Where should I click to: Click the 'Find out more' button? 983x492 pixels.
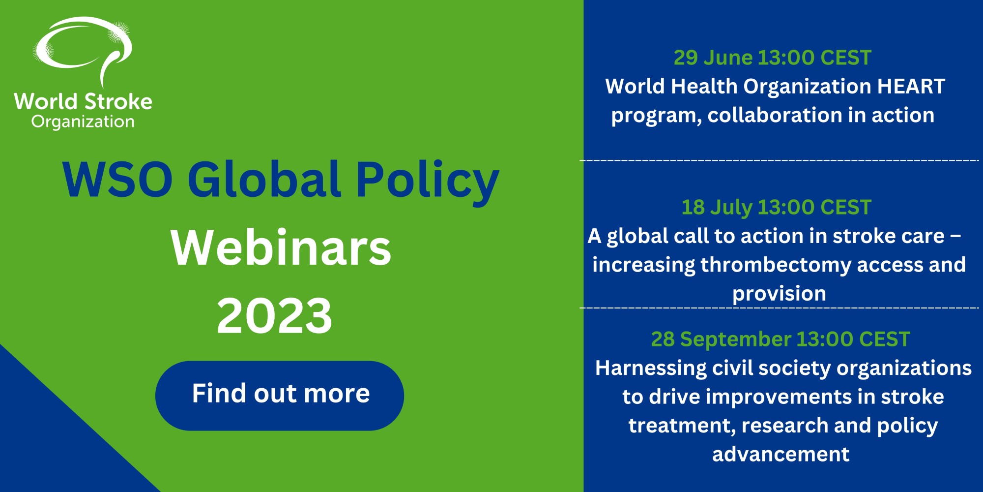point(280,396)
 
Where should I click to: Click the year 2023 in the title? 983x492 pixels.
point(274,316)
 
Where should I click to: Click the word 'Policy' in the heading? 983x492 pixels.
point(427,182)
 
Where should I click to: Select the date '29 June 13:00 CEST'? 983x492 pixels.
point(772,58)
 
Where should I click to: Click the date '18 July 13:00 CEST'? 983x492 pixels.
point(776,208)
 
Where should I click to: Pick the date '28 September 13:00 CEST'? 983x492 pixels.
point(781,339)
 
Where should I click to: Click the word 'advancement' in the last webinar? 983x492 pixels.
point(781,454)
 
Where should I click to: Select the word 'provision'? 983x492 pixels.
point(779,294)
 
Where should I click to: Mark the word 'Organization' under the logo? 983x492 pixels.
point(83,122)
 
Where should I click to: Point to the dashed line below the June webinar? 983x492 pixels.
point(780,160)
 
